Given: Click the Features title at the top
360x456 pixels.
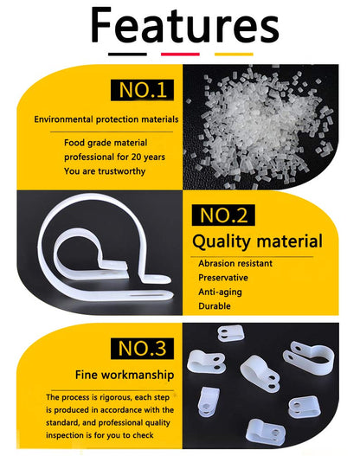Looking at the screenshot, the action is [185, 25].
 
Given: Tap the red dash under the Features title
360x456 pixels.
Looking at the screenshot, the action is [180, 55].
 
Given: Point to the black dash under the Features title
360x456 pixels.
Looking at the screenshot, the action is [127, 55].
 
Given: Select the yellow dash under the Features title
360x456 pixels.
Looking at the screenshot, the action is [234, 55].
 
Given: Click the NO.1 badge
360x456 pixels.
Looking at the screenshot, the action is [142, 90].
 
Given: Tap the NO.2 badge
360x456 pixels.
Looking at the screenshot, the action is [223, 215].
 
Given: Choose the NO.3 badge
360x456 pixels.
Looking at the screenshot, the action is [142, 349].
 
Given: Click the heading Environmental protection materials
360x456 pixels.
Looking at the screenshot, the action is [106, 119].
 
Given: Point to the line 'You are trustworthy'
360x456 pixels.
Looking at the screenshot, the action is [105, 171].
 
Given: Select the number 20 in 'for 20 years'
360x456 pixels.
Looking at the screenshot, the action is [136, 157].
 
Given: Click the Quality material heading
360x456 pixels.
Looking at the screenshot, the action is [257, 241].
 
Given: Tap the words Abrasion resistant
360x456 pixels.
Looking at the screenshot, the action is [235, 264].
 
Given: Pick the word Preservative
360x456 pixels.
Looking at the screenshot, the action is [223, 278].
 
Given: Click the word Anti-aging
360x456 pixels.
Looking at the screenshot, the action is [220, 292].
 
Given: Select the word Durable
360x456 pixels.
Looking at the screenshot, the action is [215, 306].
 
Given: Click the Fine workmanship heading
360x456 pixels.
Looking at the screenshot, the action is [125, 375].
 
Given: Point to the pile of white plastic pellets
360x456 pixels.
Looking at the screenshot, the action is [259, 125].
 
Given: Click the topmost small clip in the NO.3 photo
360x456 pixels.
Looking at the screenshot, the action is [230, 333].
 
